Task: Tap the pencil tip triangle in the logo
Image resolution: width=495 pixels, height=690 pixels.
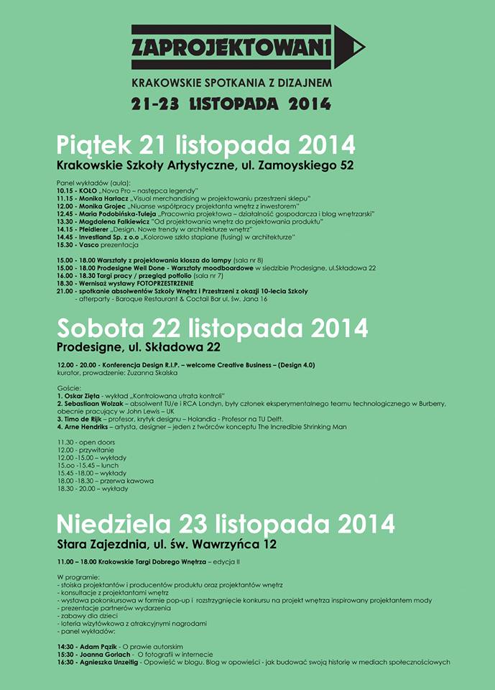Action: (351, 47)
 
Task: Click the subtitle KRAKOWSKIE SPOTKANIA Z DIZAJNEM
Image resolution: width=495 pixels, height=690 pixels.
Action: (231, 83)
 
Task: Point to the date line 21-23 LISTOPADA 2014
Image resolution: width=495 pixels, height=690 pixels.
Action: (231, 103)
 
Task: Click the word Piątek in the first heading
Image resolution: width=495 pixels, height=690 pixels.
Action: (94, 144)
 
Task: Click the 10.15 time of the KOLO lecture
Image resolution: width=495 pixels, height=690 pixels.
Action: (65, 190)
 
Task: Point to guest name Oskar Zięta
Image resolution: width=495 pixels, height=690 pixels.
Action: (85, 396)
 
